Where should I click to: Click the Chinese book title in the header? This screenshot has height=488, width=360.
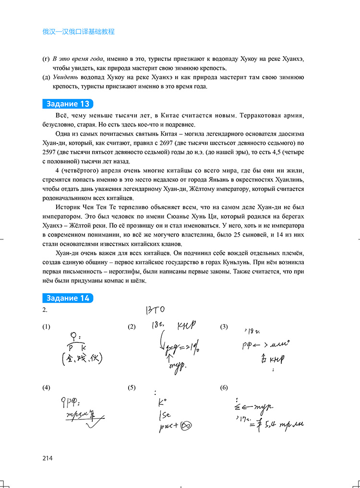tap(78, 32)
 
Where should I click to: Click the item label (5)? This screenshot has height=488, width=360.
tap(132, 388)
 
